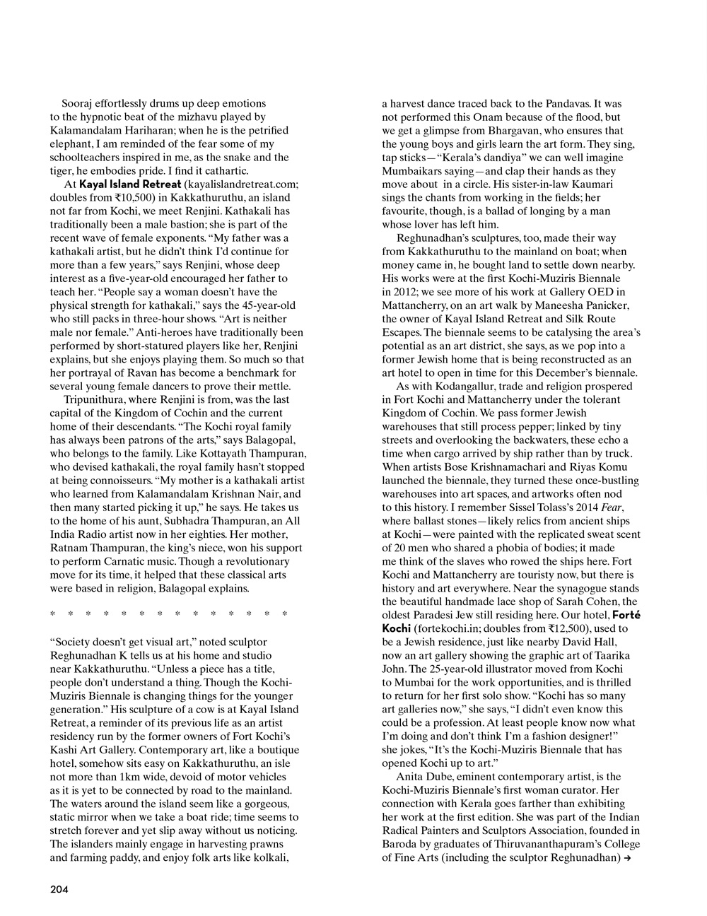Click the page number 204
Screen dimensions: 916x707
(x=59, y=890)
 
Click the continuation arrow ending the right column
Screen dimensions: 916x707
(x=626, y=858)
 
